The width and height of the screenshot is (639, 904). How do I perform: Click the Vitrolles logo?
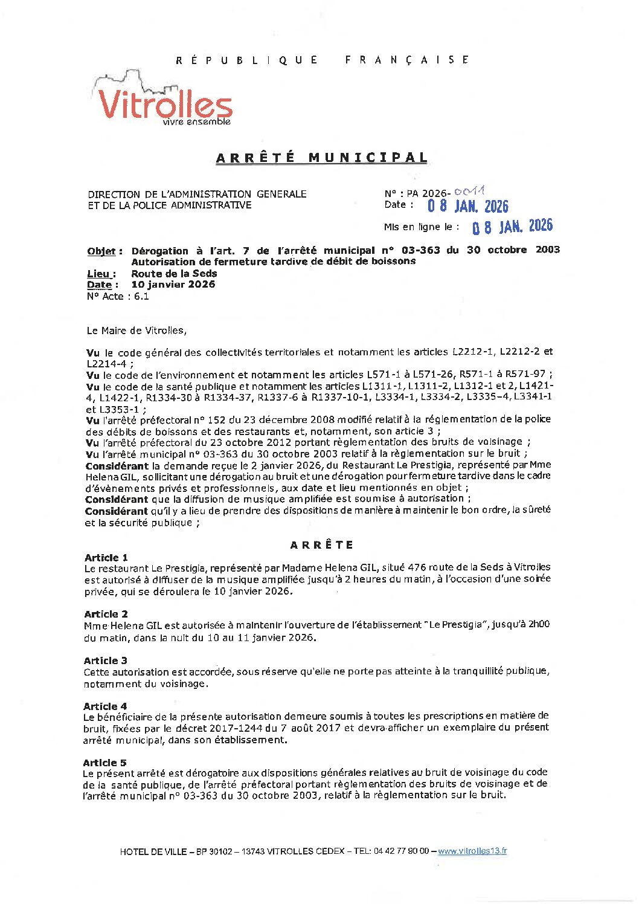pos(163,100)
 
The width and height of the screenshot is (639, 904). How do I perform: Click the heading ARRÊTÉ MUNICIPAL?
pos(321,158)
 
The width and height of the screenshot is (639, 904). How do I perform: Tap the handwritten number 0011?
pos(469,192)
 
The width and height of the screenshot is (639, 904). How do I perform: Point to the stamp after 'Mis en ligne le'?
pos(512,227)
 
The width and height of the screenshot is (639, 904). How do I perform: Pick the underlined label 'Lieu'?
pos(101,274)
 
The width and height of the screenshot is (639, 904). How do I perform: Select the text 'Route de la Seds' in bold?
pos(174,273)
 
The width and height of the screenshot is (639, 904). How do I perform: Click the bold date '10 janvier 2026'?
pos(173,285)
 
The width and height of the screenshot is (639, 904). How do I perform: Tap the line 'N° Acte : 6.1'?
pos(118,296)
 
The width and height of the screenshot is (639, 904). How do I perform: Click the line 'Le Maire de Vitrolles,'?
pos(136,331)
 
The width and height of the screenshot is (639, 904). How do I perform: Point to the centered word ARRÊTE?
pos(321,545)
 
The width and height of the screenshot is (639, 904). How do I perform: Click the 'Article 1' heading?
pos(106,558)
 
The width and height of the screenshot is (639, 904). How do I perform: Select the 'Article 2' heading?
pos(106,614)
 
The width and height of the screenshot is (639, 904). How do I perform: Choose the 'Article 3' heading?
pos(106,660)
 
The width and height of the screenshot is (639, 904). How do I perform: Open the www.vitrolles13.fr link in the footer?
pos(472,851)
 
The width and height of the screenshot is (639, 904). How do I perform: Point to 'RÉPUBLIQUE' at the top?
pos(246,60)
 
